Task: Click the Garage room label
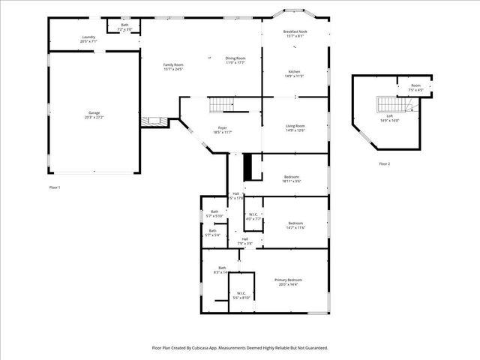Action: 94,115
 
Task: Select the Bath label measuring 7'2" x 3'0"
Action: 124,27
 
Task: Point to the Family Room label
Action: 173,67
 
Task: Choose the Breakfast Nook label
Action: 294,34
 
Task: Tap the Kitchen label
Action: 293,73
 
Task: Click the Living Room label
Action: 294,127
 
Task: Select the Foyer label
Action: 223,129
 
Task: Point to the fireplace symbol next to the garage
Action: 154,121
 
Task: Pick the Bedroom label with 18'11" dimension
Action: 292,178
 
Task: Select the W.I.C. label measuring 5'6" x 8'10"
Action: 241,295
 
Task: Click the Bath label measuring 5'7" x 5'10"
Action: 214,214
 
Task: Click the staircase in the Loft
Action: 387,103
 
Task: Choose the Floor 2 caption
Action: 384,163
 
